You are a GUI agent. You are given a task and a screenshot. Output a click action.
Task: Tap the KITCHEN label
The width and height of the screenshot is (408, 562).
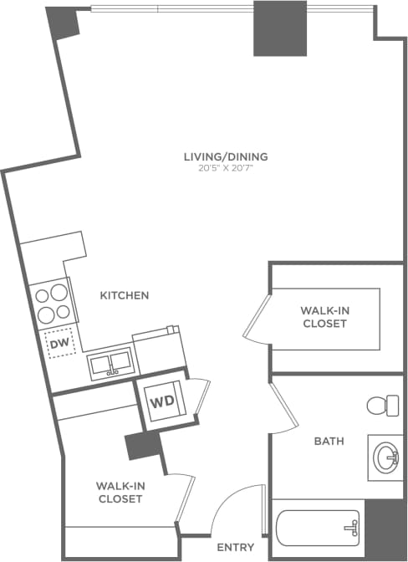point(125,295)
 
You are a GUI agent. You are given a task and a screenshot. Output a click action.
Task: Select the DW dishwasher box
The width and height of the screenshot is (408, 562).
point(59,343)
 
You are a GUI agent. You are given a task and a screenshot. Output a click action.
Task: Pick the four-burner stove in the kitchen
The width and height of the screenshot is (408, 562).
point(52,304)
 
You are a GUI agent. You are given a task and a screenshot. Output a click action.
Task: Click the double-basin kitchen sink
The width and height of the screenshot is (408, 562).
point(110,364)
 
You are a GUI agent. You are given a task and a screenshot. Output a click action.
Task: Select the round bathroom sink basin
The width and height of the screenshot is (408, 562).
point(386,458)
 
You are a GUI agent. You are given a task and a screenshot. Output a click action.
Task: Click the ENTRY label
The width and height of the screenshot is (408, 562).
point(235,548)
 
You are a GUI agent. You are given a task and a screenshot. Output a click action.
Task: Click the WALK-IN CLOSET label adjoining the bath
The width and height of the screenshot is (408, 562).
point(324,317)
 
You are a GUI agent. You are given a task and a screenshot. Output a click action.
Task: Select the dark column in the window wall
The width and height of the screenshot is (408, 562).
point(279,28)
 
